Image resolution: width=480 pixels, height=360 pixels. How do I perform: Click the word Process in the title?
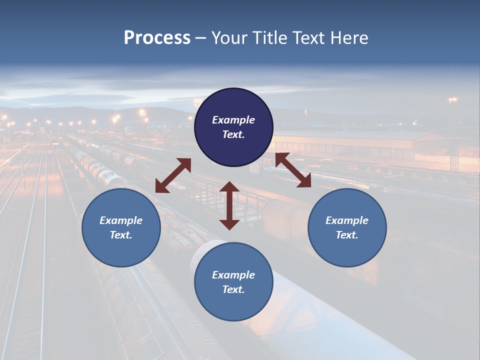click(157, 38)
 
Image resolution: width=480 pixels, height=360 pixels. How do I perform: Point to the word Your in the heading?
click(229, 38)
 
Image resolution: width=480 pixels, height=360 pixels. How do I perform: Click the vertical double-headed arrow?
click(229, 205)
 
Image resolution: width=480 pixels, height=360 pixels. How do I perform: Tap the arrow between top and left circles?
click(173, 175)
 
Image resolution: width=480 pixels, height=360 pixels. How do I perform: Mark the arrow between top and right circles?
click(293, 170)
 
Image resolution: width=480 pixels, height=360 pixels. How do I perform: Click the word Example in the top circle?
click(233, 120)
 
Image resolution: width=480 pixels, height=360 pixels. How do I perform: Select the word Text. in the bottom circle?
click(233, 289)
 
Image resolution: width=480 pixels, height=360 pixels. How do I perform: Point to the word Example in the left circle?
click(121, 220)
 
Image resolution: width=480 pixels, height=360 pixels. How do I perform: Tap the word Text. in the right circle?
click(347, 235)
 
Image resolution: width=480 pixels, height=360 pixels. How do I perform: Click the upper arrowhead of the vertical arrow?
click(229, 187)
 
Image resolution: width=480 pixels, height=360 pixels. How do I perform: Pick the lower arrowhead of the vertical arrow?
click(229, 224)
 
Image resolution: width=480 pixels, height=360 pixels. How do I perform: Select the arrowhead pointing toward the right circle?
click(304, 181)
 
